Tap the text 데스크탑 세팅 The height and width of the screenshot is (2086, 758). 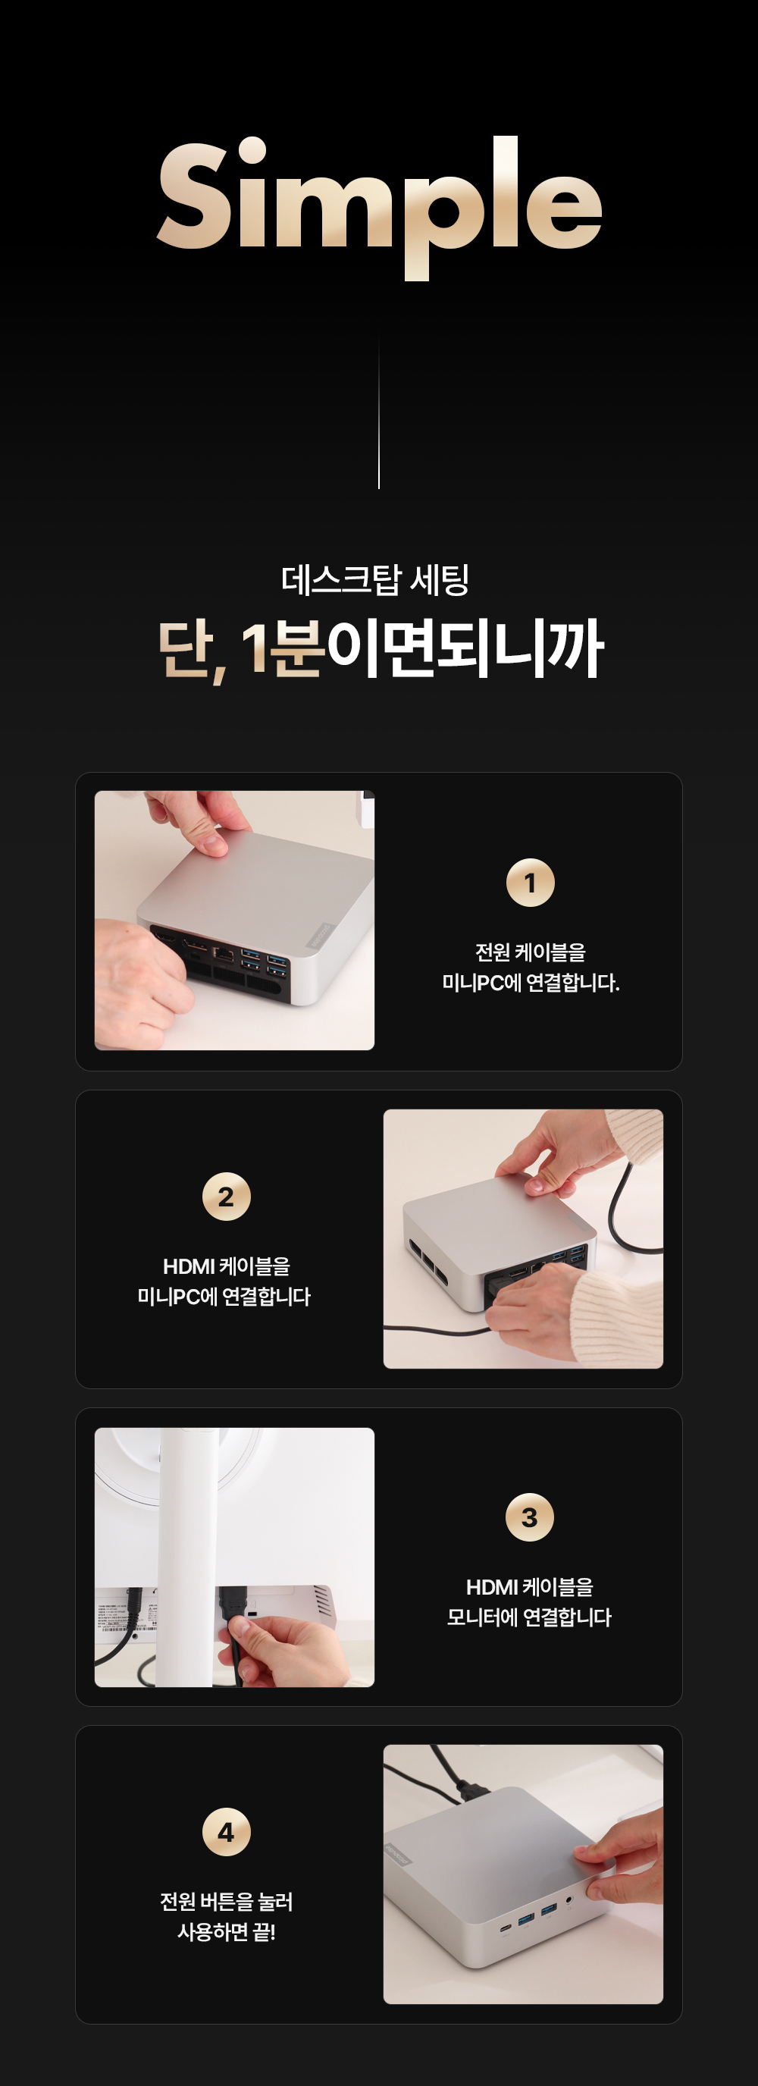pos(375,580)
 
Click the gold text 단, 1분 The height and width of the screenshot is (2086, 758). pos(240,648)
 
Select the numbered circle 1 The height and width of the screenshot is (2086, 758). pos(531,883)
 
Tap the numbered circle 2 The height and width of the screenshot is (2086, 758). pos(226,1197)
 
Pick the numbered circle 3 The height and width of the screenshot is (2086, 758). pos(530,1517)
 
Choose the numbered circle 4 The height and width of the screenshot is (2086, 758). pos(226,1832)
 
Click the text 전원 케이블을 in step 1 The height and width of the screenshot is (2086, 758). pos(531,952)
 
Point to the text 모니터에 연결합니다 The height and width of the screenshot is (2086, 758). pos(530,1617)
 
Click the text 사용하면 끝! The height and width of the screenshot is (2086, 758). pos(227,1931)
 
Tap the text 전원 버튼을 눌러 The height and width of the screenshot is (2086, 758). pos(226,1902)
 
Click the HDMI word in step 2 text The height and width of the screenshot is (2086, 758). pos(188,1266)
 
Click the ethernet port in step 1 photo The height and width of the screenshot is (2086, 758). pos(223,955)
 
